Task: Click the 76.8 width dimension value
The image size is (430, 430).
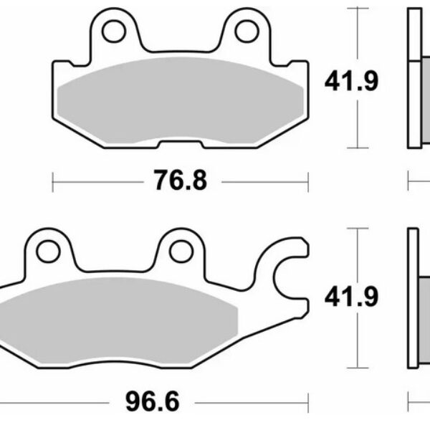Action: tap(181, 181)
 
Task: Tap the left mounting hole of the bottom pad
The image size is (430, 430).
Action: tap(48, 252)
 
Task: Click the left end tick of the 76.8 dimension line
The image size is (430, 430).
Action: tap(54, 181)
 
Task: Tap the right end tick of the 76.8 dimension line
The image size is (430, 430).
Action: tap(308, 181)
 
